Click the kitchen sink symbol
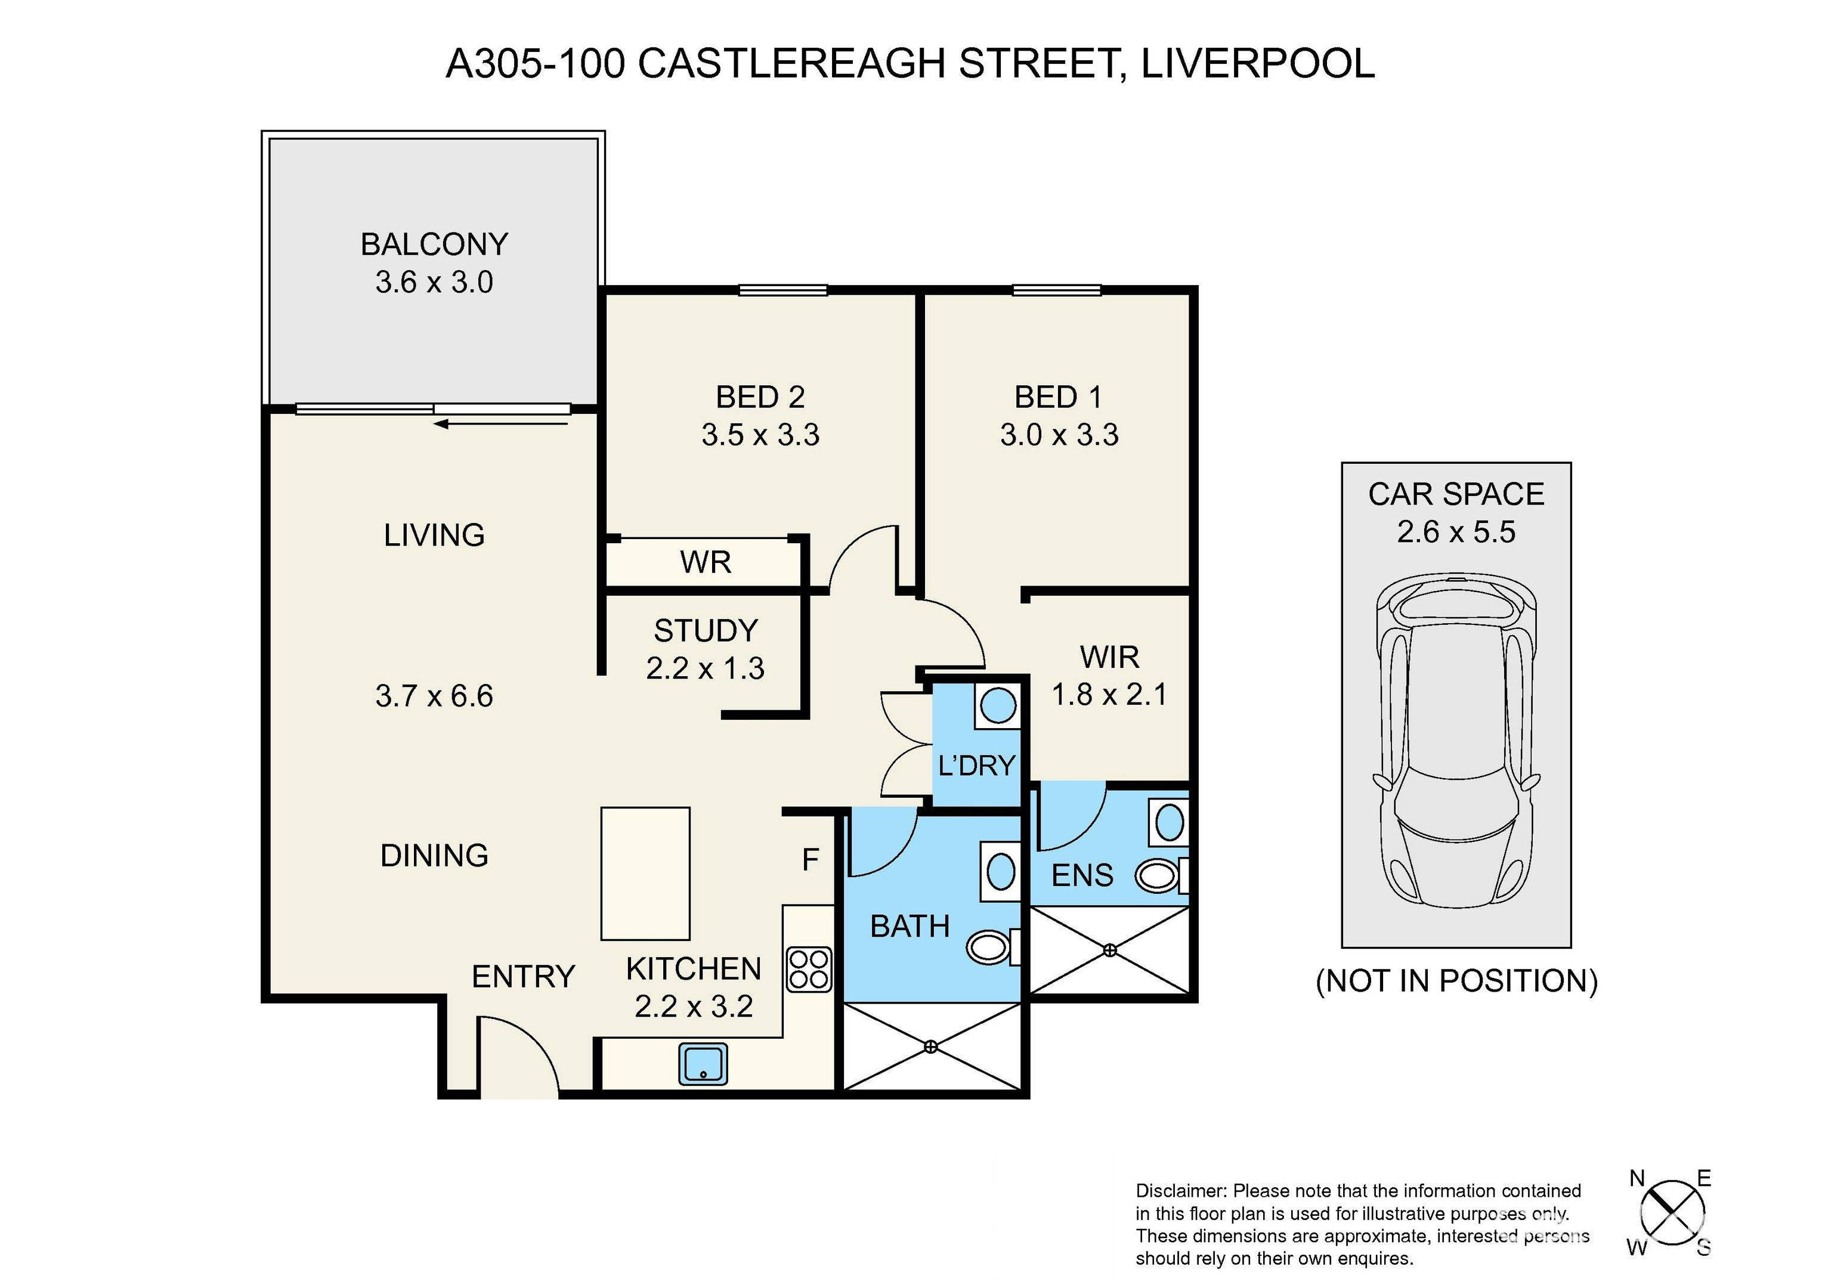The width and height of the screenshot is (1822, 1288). tap(703, 1064)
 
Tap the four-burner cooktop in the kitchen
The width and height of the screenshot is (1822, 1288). tap(809, 970)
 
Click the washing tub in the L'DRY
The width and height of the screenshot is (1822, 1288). tap(998, 705)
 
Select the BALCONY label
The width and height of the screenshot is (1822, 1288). tap(434, 244)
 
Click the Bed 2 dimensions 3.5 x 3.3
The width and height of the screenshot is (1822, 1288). tap(760, 435)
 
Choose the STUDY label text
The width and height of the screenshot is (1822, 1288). tap(706, 631)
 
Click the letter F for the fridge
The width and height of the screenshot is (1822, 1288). tap(811, 859)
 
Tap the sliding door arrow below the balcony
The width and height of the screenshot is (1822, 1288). tap(502, 424)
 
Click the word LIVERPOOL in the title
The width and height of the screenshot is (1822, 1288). tap(1258, 63)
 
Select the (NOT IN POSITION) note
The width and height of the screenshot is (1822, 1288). tap(1456, 982)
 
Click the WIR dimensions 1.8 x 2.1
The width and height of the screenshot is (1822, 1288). tap(1109, 695)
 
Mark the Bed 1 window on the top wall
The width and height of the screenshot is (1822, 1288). tap(1056, 290)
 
